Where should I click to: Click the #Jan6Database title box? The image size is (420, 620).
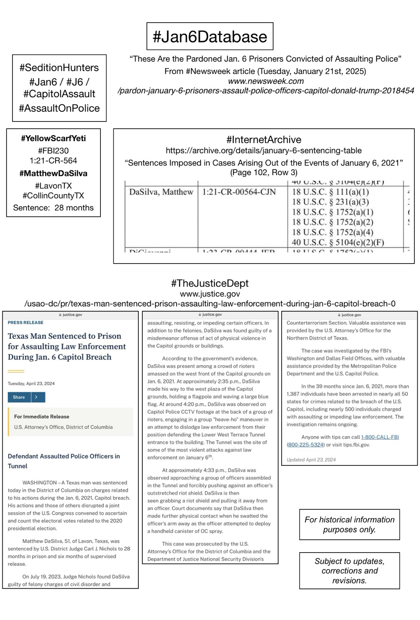tap(210, 36)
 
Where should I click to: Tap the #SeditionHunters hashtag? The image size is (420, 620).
tap(59, 68)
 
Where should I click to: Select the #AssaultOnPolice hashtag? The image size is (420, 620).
tap(59, 108)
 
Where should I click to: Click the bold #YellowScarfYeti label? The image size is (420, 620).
tap(53, 138)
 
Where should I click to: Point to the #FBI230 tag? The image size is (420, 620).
tap(53, 151)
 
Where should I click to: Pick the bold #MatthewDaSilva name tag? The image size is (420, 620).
tap(53, 174)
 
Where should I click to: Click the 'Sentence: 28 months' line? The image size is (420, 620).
tap(53, 208)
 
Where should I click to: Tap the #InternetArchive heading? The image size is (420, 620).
tap(264, 140)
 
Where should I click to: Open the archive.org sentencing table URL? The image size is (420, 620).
tap(264, 151)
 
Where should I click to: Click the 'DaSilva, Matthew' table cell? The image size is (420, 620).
tap(161, 192)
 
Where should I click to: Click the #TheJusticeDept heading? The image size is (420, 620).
tap(210, 283)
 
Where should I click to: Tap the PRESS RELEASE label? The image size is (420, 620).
tap(25, 323)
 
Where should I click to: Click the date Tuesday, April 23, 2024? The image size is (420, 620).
tap(31, 383)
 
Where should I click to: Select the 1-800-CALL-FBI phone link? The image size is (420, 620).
tap(380, 437)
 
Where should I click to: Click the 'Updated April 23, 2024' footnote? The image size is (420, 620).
tap(311, 459)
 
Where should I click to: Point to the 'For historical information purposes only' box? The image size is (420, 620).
tap(349, 524)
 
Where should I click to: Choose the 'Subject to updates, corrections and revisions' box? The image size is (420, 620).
tap(349, 571)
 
